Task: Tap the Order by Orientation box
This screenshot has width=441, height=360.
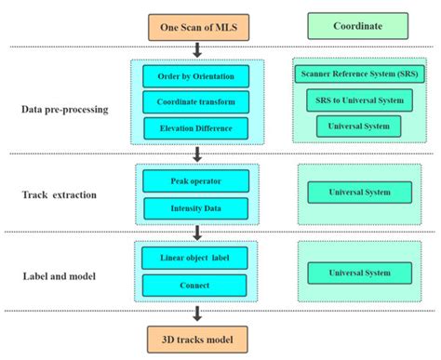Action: (x=195, y=76)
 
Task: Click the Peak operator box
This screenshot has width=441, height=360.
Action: (x=195, y=179)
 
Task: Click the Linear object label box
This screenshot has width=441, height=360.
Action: (x=195, y=257)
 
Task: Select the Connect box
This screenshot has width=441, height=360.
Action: (x=195, y=284)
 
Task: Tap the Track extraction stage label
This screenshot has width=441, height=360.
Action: (x=58, y=195)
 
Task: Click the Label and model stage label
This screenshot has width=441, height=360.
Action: (x=59, y=275)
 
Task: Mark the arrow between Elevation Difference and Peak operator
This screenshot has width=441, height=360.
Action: (x=196, y=153)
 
